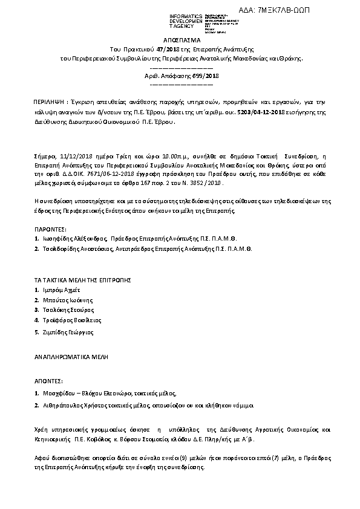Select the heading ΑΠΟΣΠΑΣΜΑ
pos(180,38)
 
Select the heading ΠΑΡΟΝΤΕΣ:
pos(50,230)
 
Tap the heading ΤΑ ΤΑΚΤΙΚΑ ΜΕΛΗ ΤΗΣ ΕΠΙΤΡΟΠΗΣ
pos(82,280)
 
